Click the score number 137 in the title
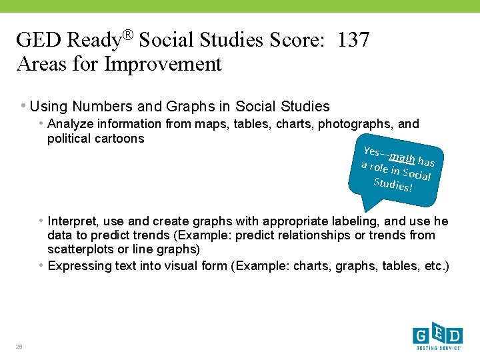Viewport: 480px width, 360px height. tap(353, 40)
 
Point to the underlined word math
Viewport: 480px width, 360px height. tap(403, 159)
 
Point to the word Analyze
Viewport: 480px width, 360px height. tap(72, 124)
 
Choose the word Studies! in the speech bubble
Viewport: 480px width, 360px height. tap(393, 185)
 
